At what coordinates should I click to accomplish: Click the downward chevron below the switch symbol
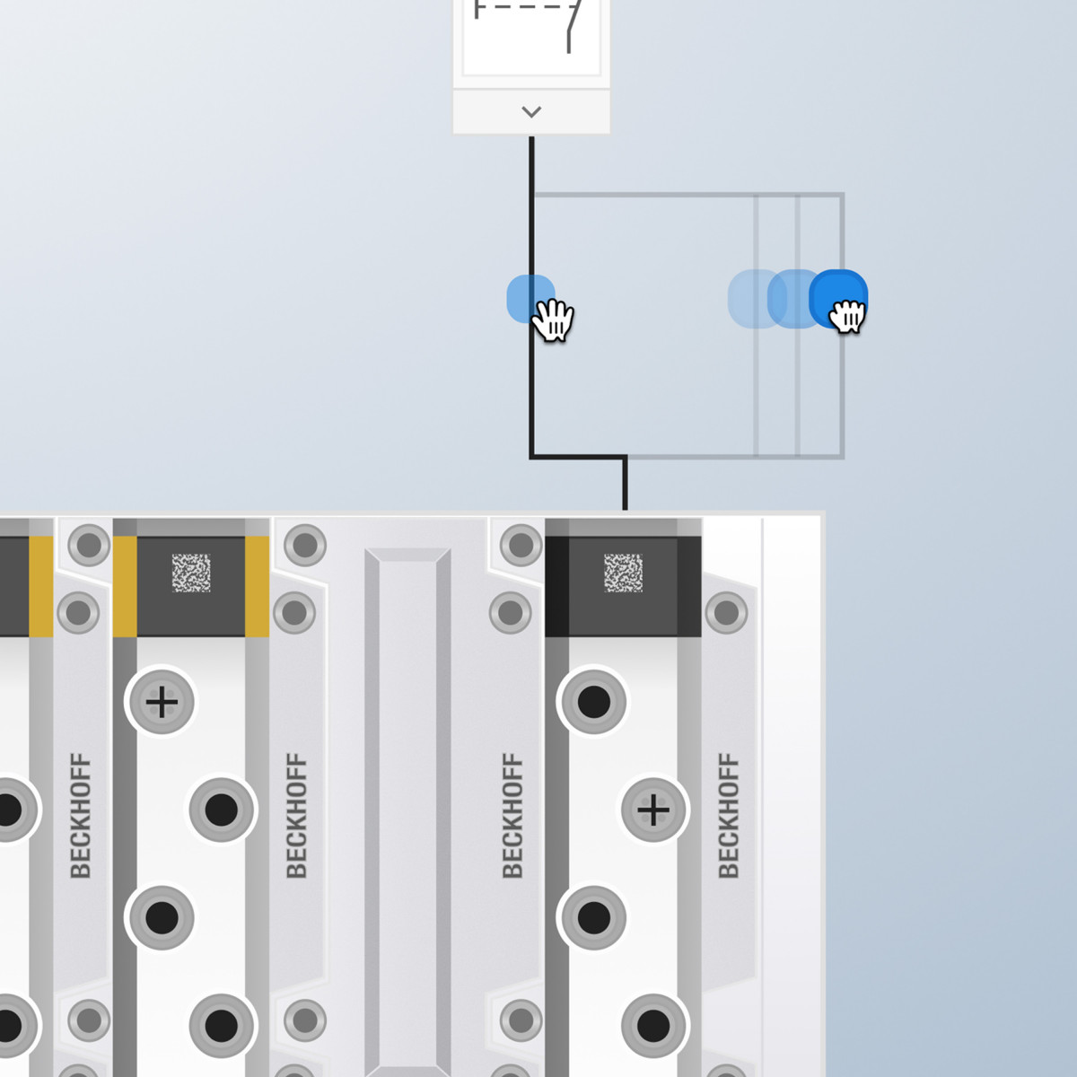pyautogui.click(x=531, y=112)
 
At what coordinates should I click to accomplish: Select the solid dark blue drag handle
pyautogui.click(x=838, y=299)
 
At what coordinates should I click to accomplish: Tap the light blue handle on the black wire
pyautogui.click(x=530, y=299)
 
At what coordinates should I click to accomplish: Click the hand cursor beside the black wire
pyautogui.click(x=553, y=320)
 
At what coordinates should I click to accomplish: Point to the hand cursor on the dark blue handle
pyautogui.click(x=847, y=316)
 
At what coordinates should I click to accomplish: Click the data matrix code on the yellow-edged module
pyautogui.click(x=191, y=573)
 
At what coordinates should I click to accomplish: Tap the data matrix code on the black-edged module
pyautogui.click(x=623, y=573)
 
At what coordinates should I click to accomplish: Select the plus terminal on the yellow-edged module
pyautogui.click(x=162, y=702)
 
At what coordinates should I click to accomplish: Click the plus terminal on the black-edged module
pyautogui.click(x=653, y=810)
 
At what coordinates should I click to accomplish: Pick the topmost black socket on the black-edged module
pyautogui.click(x=593, y=702)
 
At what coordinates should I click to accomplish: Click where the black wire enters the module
pyautogui.click(x=625, y=510)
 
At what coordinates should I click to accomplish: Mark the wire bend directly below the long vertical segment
pyautogui.click(x=531, y=457)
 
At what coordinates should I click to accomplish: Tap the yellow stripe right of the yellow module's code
pyautogui.click(x=257, y=586)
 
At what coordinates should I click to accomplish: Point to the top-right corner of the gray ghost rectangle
pyautogui.click(x=843, y=194)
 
